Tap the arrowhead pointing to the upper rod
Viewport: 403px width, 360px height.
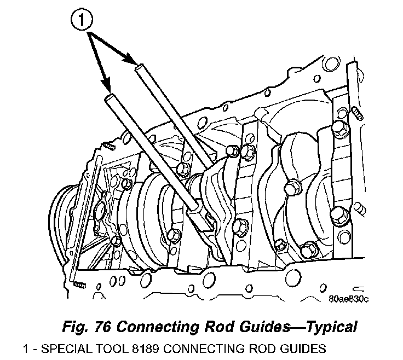[x=131, y=62]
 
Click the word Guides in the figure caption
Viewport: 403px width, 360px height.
[x=258, y=327]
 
